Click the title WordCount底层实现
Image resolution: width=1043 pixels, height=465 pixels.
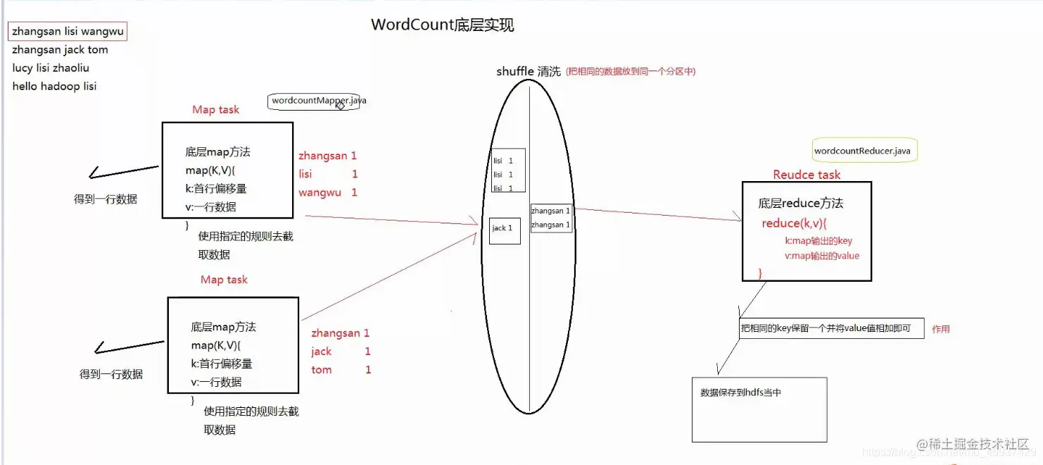pos(442,25)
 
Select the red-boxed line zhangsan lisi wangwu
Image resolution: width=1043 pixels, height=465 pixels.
pos(68,32)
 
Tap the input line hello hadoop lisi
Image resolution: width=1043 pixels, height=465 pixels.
pos(54,87)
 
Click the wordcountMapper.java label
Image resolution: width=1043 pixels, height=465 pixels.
pos(319,101)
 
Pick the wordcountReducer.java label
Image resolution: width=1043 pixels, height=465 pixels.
pos(862,151)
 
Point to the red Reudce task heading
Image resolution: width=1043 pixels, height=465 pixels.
pos(807,175)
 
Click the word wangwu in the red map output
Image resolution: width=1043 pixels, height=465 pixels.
pos(320,192)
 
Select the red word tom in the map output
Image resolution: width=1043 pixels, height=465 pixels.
pos(322,370)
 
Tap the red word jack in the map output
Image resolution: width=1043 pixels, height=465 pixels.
pos(322,352)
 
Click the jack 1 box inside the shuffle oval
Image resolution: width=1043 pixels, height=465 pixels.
pos(505,230)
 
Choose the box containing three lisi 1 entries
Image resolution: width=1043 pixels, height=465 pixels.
pos(507,170)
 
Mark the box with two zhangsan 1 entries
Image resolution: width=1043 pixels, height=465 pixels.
pos(551,218)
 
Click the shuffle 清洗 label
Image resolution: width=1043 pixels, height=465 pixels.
pos(529,72)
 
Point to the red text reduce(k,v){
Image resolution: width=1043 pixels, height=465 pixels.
pos(794,223)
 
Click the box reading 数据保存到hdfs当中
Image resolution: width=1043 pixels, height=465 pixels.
pos(759,409)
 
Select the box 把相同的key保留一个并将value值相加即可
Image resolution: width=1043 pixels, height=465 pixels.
pos(830,328)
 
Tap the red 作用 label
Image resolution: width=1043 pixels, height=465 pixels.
pos(941,329)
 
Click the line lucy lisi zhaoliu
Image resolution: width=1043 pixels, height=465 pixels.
pos(51,68)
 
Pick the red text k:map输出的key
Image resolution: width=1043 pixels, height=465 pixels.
pos(818,241)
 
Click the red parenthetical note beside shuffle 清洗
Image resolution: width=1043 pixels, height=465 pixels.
pos(631,71)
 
